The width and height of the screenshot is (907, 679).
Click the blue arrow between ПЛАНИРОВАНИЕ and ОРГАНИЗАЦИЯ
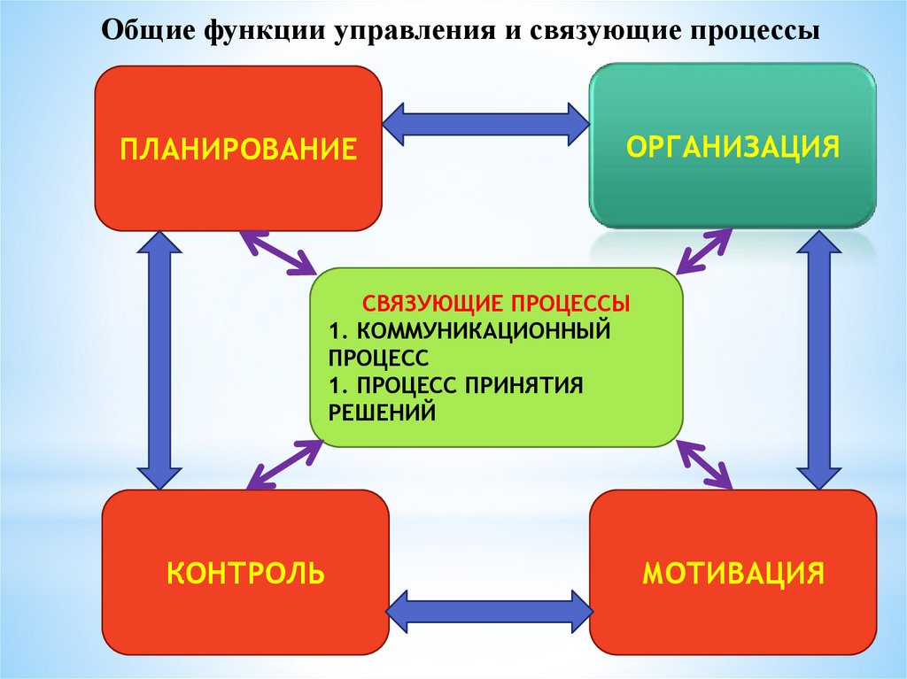[486, 123]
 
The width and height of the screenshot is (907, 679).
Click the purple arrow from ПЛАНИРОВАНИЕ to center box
[278, 252]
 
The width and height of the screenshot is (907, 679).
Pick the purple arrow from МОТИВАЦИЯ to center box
[705, 462]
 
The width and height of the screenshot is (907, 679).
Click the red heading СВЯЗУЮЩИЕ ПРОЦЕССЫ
[496, 304]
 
